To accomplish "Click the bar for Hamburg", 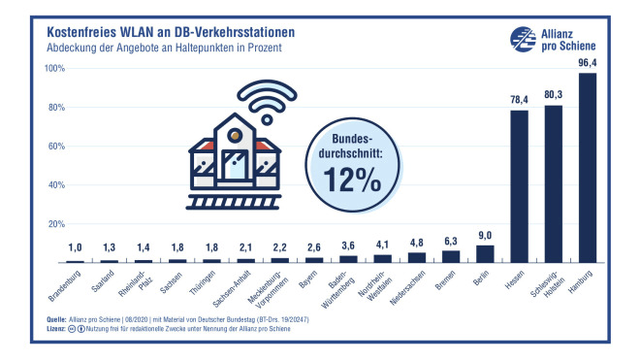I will [x=586, y=168].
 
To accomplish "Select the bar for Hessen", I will [x=519, y=186].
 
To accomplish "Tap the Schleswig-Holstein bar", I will [x=553, y=184].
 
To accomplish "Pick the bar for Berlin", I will [x=485, y=253].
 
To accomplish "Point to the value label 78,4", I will [x=519, y=98].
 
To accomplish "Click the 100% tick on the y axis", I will [x=53, y=69].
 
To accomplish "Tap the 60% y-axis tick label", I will [x=55, y=147].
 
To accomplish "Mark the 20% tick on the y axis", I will [x=55, y=224].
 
